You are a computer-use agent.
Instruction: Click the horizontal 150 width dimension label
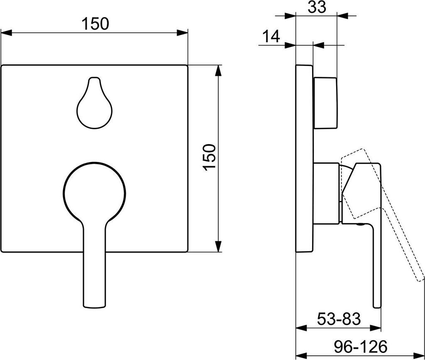pos(95,24)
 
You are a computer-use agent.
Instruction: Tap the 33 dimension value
pos(317,7)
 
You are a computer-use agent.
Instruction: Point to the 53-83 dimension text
pos(339,319)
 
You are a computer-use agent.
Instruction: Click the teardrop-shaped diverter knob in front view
pos(94,103)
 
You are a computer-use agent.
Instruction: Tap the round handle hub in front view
pos(94,193)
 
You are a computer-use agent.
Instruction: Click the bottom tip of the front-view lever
pos(94,307)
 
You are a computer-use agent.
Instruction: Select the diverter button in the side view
pos(325,103)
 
